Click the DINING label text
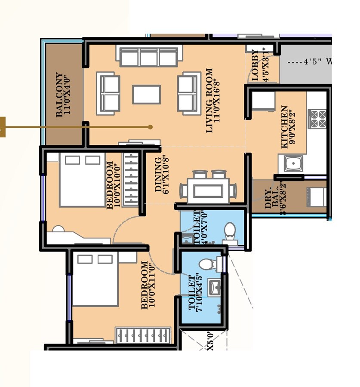pyautogui.click(x=159, y=174)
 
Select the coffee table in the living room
pyautogui.click(x=146, y=95)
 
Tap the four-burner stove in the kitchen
pyautogui.click(x=317, y=119)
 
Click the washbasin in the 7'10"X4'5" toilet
pyautogui.click(x=214, y=287)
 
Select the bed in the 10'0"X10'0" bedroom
pyautogui.click(x=82, y=179)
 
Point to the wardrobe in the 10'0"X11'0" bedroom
pyautogui.click(x=143, y=335)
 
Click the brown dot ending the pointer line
pyautogui.click(x=150, y=127)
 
